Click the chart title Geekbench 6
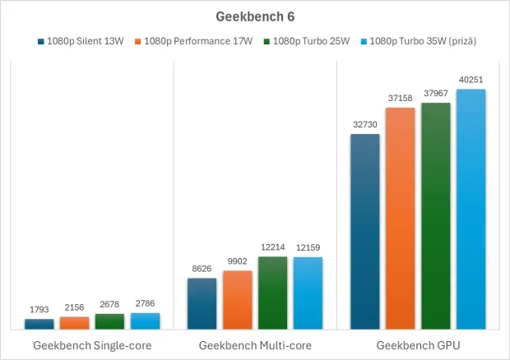(x=255, y=16)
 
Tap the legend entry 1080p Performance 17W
(x=197, y=41)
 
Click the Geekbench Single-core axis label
(x=92, y=346)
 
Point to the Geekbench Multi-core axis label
(x=255, y=346)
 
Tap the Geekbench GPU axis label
(x=418, y=346)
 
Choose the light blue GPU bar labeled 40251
(x=471, y=210)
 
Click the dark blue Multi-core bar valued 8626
(x=202, y=304)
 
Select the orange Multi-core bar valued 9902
(x=238, y=300)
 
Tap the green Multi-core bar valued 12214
(x=273, y=293)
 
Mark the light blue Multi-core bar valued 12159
(x=308, y=293)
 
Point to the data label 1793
(x=39, y=310)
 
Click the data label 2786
(x=146, y=304)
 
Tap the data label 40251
(x=471, y=80)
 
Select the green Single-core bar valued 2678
(x=110, y=321)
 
